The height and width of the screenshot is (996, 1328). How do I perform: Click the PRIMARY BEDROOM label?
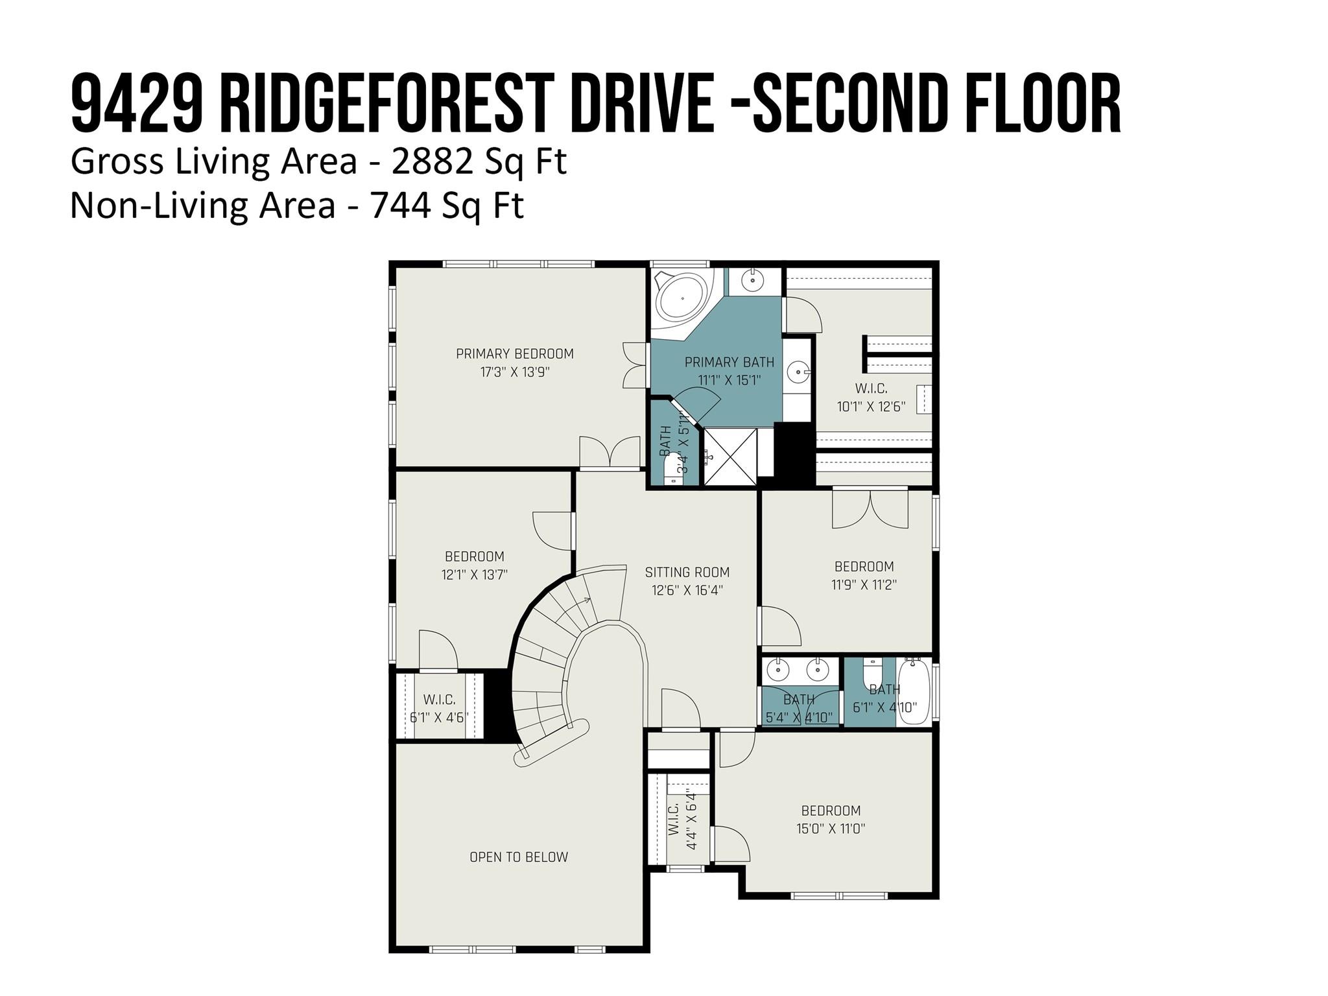coord(514,354)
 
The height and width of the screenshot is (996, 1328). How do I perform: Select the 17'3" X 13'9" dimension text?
coord(514,372)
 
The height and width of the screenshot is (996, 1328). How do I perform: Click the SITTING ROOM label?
coord(687,573)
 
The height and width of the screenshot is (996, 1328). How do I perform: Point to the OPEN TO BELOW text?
coord(518,857)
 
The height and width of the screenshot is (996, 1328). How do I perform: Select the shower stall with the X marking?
coord(730,456)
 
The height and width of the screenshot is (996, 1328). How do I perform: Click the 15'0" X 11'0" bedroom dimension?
coord(831,829)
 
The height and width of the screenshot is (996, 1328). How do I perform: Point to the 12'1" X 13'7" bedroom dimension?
coord(474,575)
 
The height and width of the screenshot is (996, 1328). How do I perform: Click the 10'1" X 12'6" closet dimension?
coord(871,407)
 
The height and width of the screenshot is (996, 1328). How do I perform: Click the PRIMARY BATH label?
coord(729,362)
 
